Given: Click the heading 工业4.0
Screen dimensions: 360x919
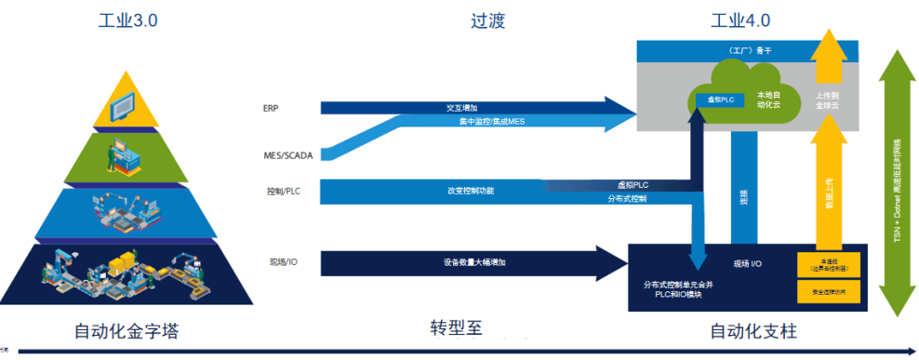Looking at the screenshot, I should point(740,20).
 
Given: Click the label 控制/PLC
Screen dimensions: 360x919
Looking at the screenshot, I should point(283,192).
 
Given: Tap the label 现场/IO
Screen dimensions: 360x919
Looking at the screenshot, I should point(282,262).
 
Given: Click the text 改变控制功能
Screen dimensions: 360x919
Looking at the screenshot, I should point(471,191).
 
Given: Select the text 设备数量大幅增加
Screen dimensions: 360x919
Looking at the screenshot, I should point(474,262).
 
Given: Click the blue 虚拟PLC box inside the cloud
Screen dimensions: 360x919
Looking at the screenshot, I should point(716,98).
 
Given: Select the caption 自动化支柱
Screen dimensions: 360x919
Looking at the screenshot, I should point(753,331).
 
